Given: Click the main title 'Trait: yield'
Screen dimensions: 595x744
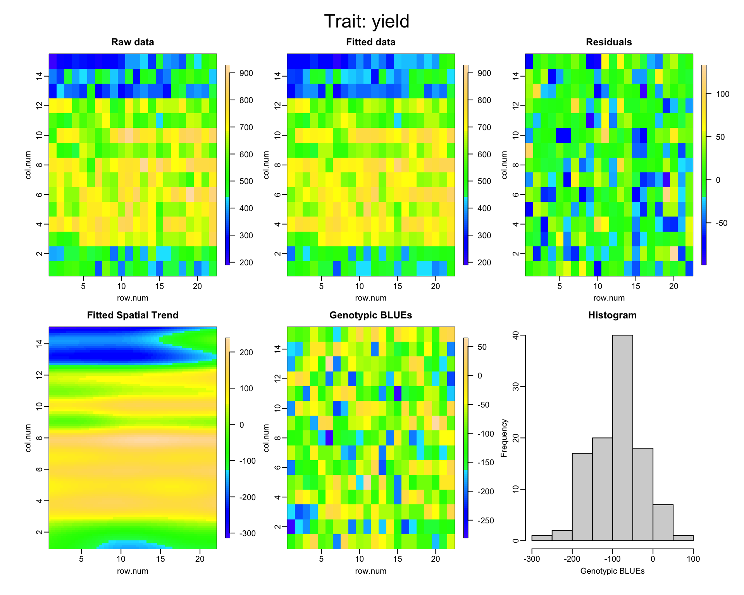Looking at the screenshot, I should click(x=367, y=22).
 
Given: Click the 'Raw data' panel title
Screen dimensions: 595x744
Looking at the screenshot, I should click(x=133, y=42).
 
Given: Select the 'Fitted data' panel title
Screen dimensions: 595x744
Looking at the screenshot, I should click(x=370, y=42).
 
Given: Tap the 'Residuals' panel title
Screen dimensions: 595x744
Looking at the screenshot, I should click(x=609, y=42).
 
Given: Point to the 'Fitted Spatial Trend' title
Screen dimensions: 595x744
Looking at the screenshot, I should click(x=133, y=315).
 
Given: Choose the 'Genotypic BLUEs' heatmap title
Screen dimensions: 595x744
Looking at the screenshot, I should click(x=370, y=315).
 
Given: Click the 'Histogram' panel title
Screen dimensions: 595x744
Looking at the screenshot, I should click(x=612, y=315).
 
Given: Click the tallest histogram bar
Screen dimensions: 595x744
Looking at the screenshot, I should click(x=622, y=438).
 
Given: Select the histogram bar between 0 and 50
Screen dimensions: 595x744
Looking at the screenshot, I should click(x=663, y=523).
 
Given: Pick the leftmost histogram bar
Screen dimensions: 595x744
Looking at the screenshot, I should click(x=542, y=538).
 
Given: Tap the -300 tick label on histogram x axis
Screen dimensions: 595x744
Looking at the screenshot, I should click(x=532, y=559).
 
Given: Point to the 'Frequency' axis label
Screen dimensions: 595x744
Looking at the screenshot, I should click(x=504, y=438).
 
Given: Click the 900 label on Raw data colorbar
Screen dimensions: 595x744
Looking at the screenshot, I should click(x=245, y=74).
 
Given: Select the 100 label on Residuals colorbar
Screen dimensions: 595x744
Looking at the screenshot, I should click(x=722, y=94).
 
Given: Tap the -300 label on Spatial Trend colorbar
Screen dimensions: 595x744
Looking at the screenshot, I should click(x=246, y=533).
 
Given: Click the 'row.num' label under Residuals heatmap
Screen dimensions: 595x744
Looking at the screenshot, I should click(x=609, y=298).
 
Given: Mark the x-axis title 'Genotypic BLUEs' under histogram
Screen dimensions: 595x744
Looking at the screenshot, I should click(x=612, y=571).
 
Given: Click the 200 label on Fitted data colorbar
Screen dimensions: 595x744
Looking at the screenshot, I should click(x=484, y=263).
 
